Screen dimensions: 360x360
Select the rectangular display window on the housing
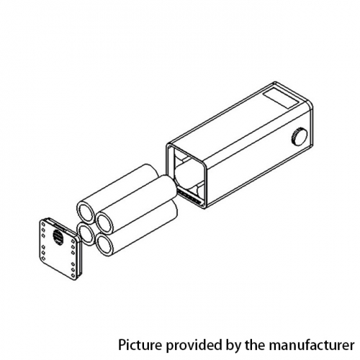[282, 99]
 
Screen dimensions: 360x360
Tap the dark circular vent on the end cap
[57, 237]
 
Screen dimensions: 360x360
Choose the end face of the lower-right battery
[104, 245]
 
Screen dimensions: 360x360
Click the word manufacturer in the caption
[311, 346]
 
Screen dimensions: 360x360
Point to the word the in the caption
[255, 345]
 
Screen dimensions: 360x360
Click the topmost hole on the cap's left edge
[43, 224]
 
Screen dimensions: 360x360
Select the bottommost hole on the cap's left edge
[43, 258]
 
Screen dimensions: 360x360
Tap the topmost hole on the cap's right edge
[72, 241]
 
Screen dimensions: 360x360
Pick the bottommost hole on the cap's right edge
[73, 274]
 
